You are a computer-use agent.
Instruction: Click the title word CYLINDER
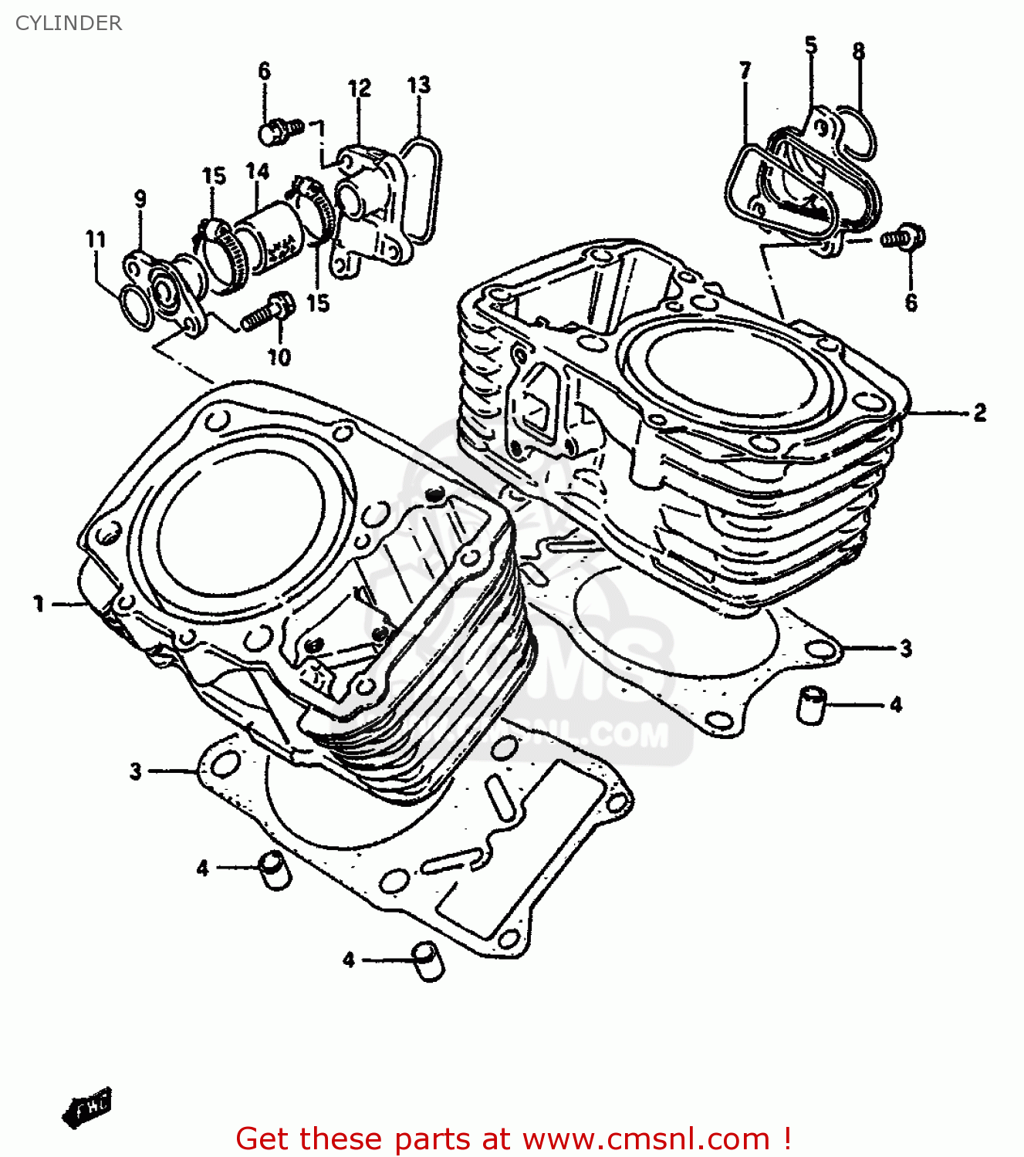point(69,23)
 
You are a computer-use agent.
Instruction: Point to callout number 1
point(39,603)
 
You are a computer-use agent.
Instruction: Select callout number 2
point(979,413)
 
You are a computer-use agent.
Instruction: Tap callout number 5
point(810,46)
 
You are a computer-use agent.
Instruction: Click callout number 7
point(745,71)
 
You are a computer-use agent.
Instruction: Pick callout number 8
point(858,52)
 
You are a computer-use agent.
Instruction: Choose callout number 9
point(140,199)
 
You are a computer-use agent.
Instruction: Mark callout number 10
point(279,356)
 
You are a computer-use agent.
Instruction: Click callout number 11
point(95,239)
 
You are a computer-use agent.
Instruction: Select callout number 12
point(359,88)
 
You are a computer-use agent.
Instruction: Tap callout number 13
point(418,85)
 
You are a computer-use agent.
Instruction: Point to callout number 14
point(257,171)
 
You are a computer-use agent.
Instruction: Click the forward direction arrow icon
point(86,1108)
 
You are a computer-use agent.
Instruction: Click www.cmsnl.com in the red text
point(646,1138)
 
